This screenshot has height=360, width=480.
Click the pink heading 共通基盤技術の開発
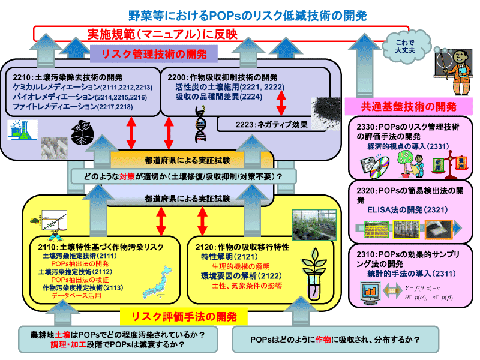(409, 107)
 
